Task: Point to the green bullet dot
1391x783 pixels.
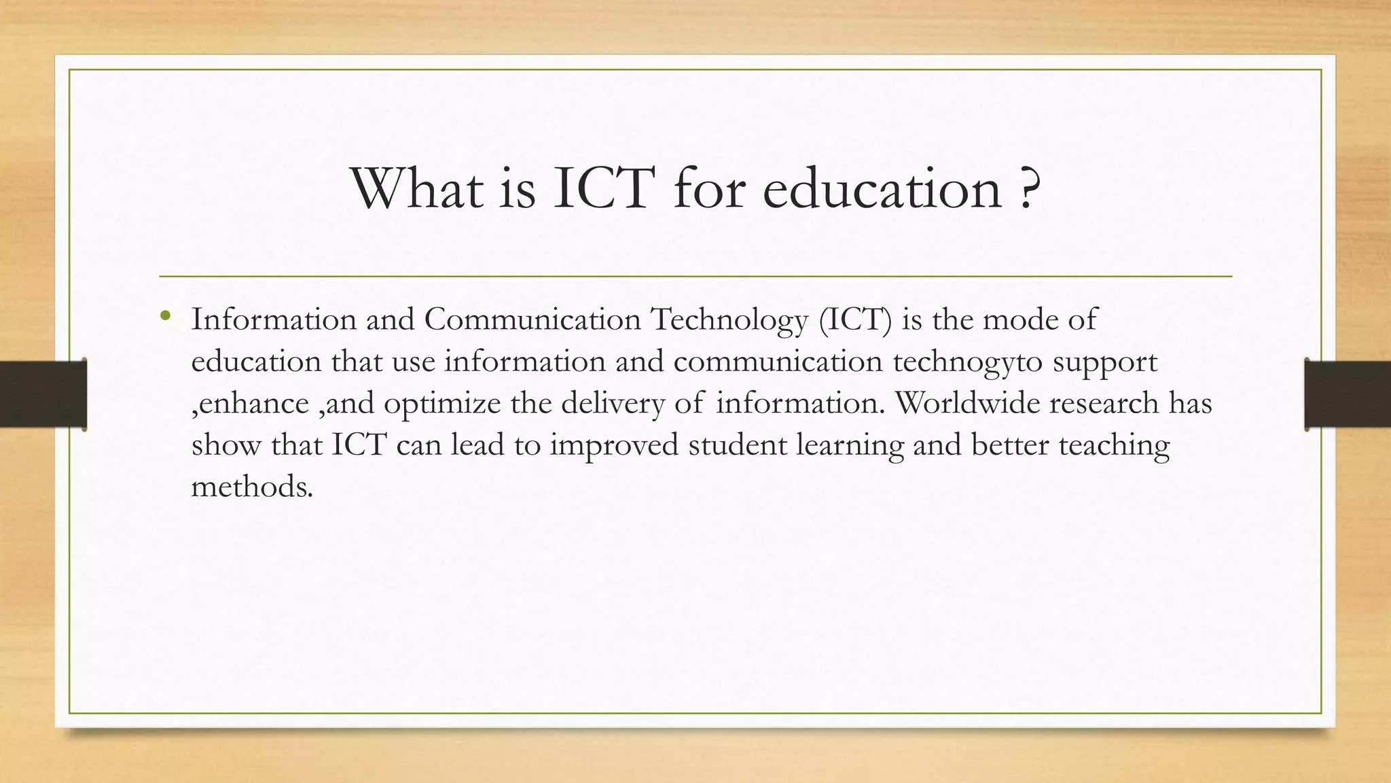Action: coord(165,315)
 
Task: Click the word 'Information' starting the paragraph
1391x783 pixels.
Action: coord(273,319)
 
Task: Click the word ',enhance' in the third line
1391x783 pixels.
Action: coord(250,404)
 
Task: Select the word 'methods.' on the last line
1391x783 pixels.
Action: coord(252,487)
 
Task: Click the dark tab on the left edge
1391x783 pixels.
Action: coord(43,394)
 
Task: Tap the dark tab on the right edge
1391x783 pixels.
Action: coord(1348,394)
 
